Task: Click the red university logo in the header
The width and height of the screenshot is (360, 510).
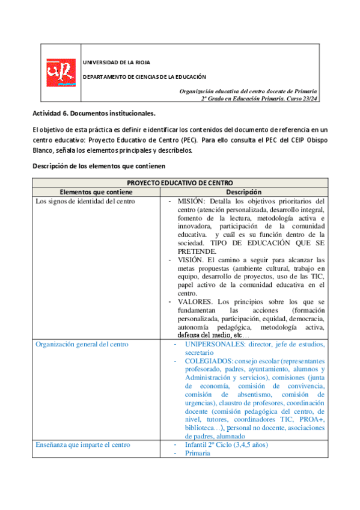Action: tap(61, 72)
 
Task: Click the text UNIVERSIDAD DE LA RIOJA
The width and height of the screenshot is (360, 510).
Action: tap(116, 62)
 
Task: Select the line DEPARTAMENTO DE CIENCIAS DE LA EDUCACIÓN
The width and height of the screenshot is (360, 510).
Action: tap(144, 77)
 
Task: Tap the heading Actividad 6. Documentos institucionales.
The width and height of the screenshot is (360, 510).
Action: tap(94, 113)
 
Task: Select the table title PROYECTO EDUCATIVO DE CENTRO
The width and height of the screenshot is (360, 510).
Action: tap(180, 182)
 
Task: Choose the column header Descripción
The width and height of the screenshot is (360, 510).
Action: tap(243, 191)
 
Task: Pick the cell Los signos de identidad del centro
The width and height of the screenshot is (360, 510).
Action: tap(85, 201)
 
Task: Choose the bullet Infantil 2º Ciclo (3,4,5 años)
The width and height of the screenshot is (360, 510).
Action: tap(227, 444)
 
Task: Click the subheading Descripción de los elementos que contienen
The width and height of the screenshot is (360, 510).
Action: tap(99, 165)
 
